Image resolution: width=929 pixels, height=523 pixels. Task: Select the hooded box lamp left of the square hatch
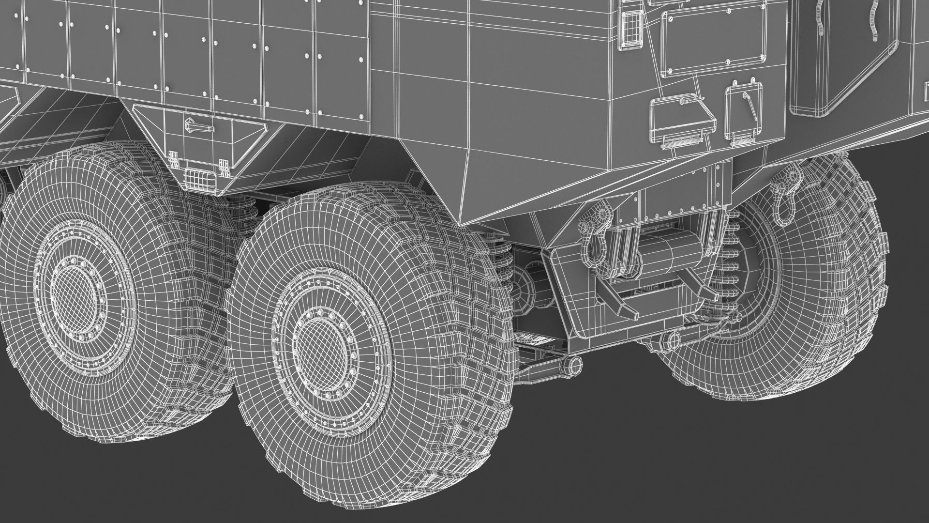pos(682,119)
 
